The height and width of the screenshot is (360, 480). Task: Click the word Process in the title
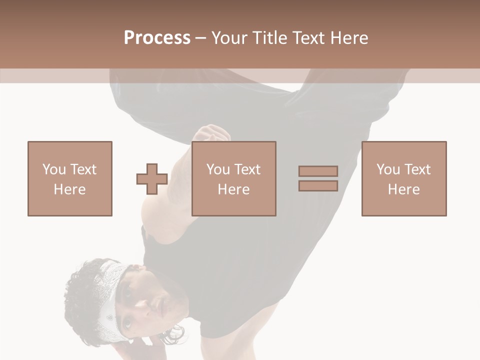(x=157, y=37)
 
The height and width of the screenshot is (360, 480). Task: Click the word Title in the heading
(x=270, y=37)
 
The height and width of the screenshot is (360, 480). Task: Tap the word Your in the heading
(x=230, y=37)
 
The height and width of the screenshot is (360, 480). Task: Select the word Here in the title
(x=350, y=37)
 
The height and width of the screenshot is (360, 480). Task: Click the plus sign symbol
(x=152, y=178)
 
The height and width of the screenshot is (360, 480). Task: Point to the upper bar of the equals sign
(x=318, y=171)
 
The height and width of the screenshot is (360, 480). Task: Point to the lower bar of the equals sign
(x=318, y=185)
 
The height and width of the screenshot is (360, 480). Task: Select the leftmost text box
(x=69, y=178)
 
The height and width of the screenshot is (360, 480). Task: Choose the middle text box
(x=233, y=178)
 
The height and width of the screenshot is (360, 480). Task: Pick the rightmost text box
(x=403, y=178)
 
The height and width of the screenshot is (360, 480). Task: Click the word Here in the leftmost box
(x=69, y=189)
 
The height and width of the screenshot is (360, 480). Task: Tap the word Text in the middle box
(x=246, y=169)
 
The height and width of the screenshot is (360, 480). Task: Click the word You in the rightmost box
(x=388, y=169)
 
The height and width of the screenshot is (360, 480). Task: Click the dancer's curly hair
(x=82, y=295)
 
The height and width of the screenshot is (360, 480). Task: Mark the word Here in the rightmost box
(x=403, y=189)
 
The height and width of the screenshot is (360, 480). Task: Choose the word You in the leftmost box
(x=54, y=169)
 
